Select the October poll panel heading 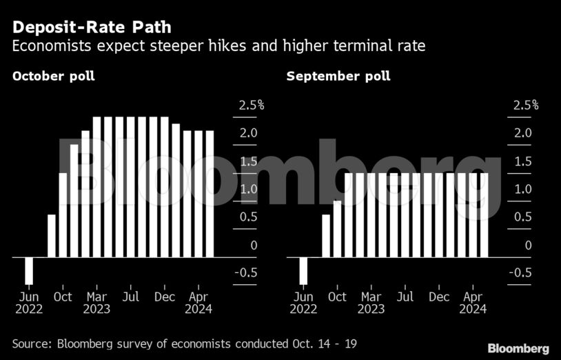[x=53, y=76]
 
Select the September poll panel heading [x=338, y=76]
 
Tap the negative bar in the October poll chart [x=29, y=270]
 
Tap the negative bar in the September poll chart [x=303, y=270]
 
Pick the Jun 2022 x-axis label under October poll [x=28, y=303]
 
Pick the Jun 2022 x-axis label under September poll [x=303, y=303]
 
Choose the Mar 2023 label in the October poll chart [x=96, y=303]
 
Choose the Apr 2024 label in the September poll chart [x=472, y=303]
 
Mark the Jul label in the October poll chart [x=130, y=297]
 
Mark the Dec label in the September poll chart [x=439, y=297]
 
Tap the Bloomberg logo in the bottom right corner [x=518, y=348]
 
